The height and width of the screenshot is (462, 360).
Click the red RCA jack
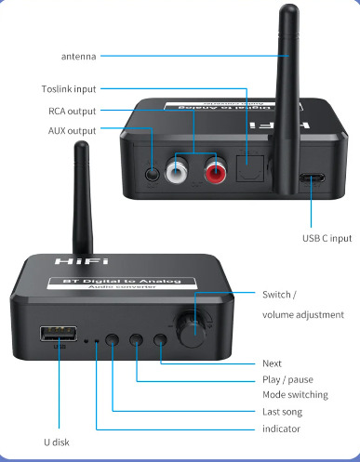[x=216, y=170]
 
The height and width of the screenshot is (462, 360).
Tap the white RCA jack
[x=176, y=170]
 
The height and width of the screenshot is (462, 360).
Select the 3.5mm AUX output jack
[x=153, y=174]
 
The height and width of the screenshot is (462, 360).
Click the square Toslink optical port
[x=250, y=168]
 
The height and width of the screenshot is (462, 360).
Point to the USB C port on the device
[x=312, y=178]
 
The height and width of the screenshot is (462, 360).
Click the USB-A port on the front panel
[x=59, y=334]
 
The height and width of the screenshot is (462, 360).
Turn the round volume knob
[x=191, y=330]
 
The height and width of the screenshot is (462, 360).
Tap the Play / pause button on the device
[x=136, y=339]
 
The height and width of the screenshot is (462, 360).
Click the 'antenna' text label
[x=79, y=57]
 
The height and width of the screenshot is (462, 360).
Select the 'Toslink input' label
[x=69, y=89]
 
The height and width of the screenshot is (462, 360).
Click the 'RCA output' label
[x=73, y=112]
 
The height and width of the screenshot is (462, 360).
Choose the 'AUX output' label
[x=73, y=131]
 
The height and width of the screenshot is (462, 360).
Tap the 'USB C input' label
[x=327, y=238]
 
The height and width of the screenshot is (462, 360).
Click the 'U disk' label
[x=57, y=442]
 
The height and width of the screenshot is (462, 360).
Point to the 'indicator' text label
[x=281, y=429]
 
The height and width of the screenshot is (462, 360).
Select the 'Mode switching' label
[x=295, y=395]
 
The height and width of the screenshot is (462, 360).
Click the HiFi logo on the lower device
[x=82, y=261]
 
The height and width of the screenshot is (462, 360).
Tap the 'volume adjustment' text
[x=303, y=315]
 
